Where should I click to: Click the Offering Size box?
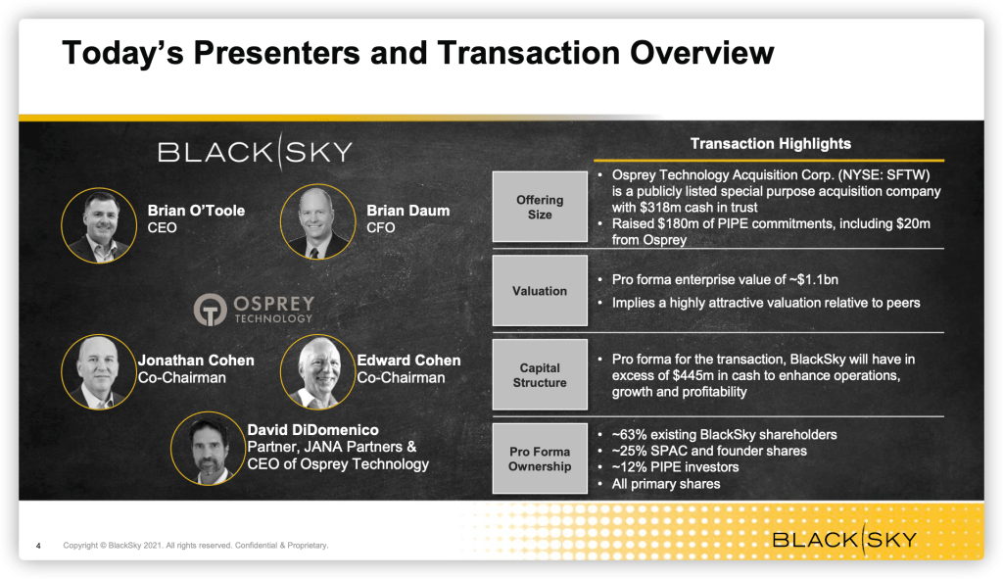(x=540, y=207)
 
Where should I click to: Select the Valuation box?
(x=540, y=290)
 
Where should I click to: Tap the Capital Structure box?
(x=540, y=374)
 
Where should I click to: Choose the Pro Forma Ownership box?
(x=540, y=458)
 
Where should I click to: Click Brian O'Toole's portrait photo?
(x=99, y=225)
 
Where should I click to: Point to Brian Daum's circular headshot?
(x=318, y=222)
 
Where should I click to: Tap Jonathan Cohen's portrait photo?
(x=99, y=371)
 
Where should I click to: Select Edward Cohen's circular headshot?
(x=318, y=371)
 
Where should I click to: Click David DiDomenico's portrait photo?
(x=209, y=449)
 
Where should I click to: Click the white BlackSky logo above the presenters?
(x=256, y=152)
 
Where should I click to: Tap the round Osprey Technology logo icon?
(x=211, y=310)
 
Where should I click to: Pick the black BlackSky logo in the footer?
(x=844, y=540)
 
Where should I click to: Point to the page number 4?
(x=38, y=546)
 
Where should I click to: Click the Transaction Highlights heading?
(x=770, y=144)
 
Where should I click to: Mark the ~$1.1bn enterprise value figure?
(x=814, y=279)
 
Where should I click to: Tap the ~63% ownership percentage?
(x=630, y=435)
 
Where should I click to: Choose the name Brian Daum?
(x=408, y=211)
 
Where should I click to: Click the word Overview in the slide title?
(x=702, y=53)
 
